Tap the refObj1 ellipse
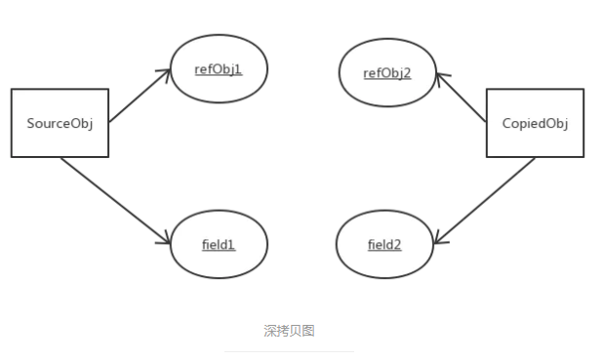click(x=219, y=68)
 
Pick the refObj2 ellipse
click(x=386, y=72)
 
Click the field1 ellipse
click(x=219, y=244)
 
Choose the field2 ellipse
click(x=384, y=245)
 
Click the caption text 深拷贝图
click(x=289, y=331)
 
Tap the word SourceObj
click(x=59, y=123)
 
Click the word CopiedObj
click(x=535, y=123)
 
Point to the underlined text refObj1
click(x=219, y=68)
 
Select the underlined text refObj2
click(x=386, y=72)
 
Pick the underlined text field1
click(x=219, y=244)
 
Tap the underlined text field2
click(x=384, y=245)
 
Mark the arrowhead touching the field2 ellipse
click(x=440, y=239)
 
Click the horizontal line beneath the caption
click(x=289, y=351)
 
